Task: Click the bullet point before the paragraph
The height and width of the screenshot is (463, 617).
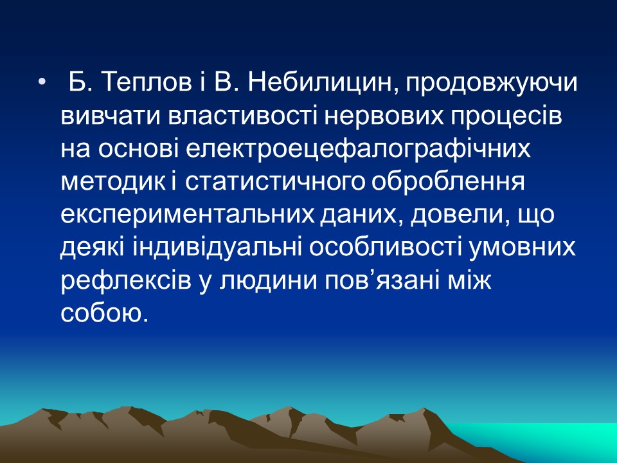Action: (43, 84)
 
